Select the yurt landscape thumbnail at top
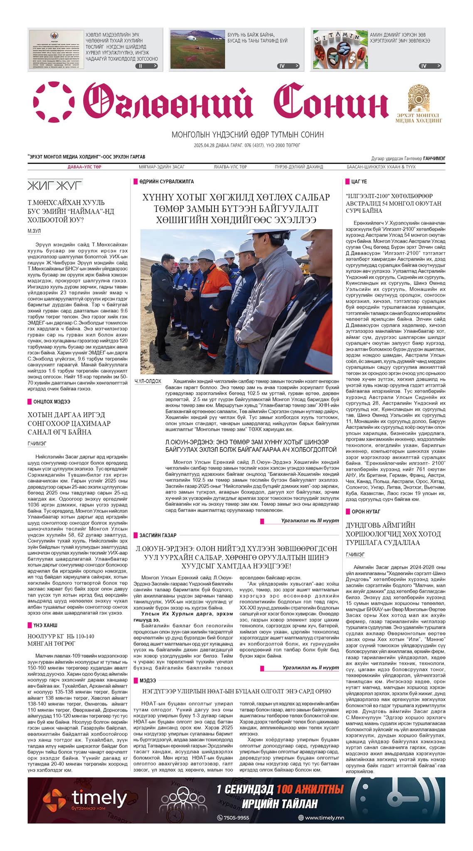pos(197,49)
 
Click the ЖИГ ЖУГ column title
pos(55,185)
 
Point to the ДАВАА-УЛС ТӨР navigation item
pos(84,167)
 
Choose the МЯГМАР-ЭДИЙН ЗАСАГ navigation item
pos(162,167)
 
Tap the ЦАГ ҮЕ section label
pos(359,182)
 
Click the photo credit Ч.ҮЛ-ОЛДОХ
pos(148,381)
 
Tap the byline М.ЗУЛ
pos(34,231)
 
